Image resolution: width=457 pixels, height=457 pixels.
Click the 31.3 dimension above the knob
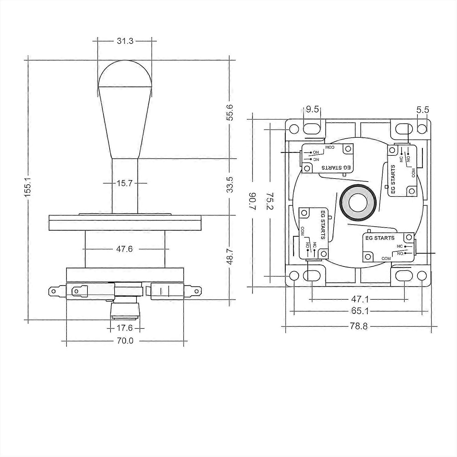click(125, 41)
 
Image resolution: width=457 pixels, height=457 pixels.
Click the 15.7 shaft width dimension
click(125, 183)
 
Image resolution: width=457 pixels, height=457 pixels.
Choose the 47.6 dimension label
click(125, 249)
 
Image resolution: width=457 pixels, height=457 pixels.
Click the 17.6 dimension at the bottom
click(125, 328)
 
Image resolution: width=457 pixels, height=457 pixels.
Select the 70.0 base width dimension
click(125, 341)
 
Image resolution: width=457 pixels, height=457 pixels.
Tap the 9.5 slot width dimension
click(312, 109)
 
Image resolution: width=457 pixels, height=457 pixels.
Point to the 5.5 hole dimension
click(423, 110)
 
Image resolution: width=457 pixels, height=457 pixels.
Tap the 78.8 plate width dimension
click(359, 326)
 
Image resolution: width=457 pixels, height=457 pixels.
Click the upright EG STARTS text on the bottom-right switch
click(380, 238)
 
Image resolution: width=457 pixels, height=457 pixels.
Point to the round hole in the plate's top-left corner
click(294, 129)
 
